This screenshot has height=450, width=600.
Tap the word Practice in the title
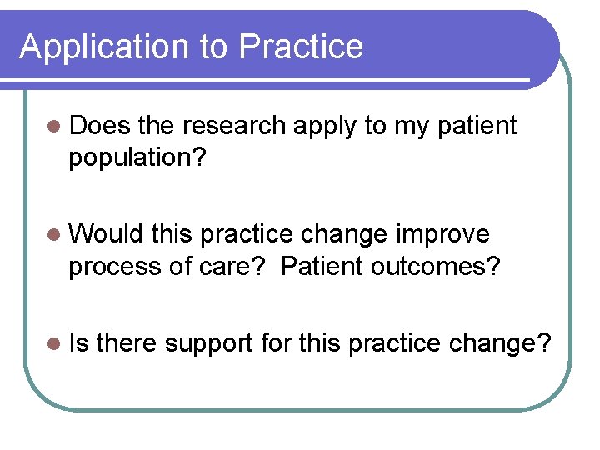pos(301,47)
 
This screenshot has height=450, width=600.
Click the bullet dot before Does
pos(54,127)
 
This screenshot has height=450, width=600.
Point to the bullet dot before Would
pos(54,235)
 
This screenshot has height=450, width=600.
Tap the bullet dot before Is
pos(54,342)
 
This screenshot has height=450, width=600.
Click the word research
pos(234,126)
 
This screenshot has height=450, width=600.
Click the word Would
pos(107,234)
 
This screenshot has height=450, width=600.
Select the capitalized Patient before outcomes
pos(321,266)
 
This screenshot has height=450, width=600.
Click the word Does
pos(100,126)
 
